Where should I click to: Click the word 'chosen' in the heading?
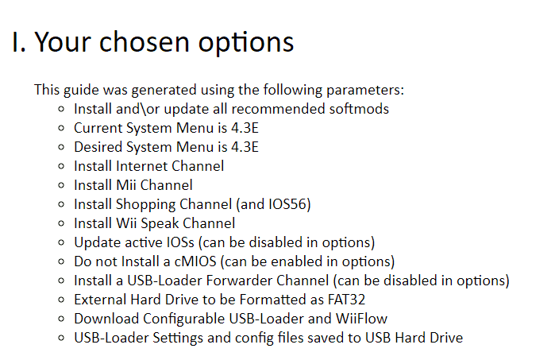pos(144,42)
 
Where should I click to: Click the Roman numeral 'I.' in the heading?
pos(19,42)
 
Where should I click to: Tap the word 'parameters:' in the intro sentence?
pos(365,90)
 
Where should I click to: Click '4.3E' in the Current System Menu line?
pos(245,128)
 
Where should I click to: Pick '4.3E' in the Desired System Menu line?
pos(245,147)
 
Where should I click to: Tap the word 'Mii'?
pos(126,185)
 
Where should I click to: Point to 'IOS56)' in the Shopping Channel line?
pos(290,204)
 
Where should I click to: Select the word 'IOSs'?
pos(179,242)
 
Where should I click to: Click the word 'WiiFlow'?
pos(362,319)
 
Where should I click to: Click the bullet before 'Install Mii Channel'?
pos(61,185)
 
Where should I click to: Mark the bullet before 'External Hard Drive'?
pos(61,300)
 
